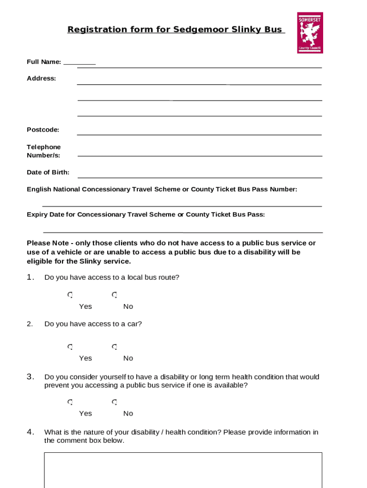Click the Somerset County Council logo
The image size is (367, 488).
click(310, 32)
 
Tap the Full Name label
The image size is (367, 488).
click(44, 62)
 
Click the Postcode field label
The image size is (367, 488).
click(43, 130)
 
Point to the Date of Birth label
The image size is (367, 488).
click(48, 173)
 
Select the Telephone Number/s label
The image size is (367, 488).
click(43, 151)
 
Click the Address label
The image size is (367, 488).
click(41, 78)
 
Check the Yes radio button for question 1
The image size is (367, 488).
click(70, 295)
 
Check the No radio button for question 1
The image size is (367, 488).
click(114, 295)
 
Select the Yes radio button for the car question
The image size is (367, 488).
click(70, 346)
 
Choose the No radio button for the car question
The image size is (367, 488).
click(114, 346)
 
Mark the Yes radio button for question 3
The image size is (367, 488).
click(70, 402)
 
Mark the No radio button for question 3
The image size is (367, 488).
click(114, 402)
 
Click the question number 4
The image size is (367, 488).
click(30, 432)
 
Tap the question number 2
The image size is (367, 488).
click(30, 324)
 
